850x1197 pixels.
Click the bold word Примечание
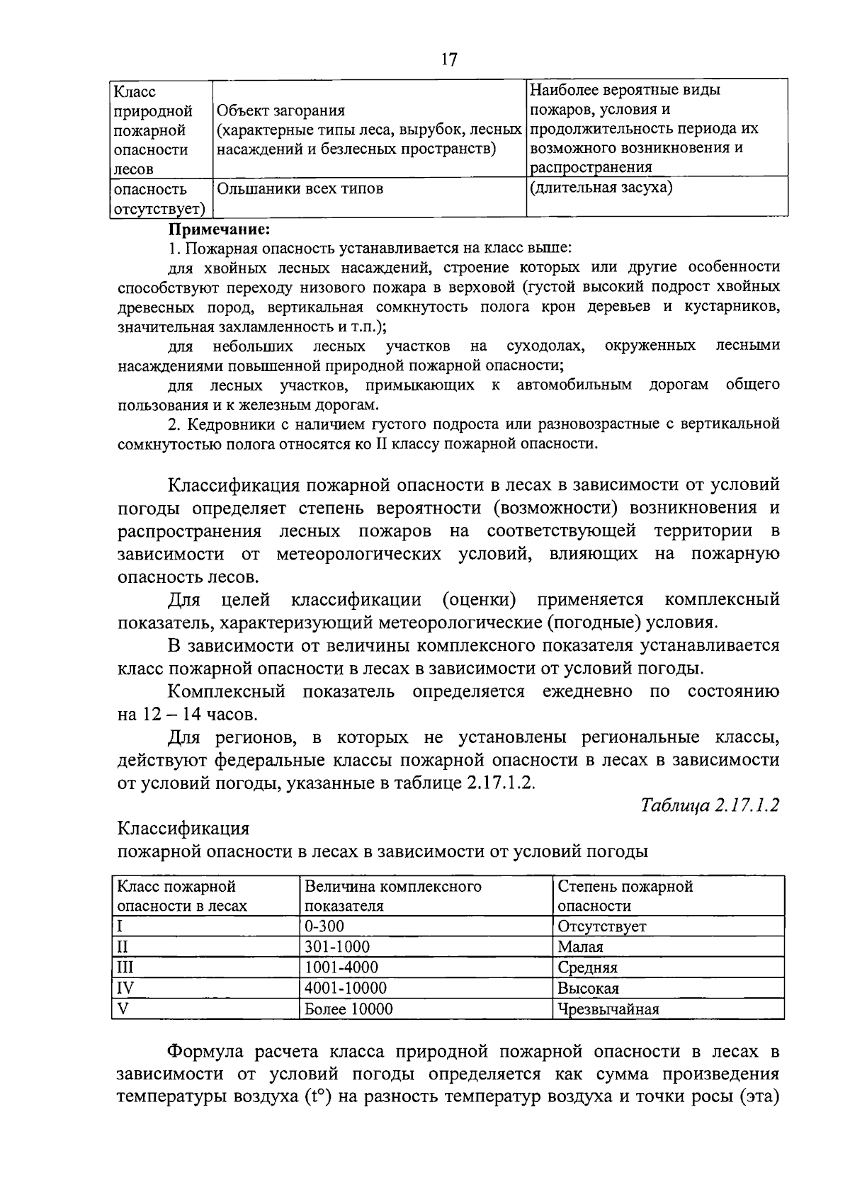[x=220, y=229]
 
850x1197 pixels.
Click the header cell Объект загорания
[x=280, y=110]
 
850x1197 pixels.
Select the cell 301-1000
[x=337, y=947]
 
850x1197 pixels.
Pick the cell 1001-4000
[x=341, y=968]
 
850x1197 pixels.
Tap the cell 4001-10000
[x=346, y=988]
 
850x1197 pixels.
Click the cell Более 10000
[x=348, y=1009]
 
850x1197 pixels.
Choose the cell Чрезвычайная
[x=608, y=1009]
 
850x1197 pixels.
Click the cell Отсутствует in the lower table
[x=602, y=926]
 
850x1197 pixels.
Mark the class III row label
[x=125, y=968]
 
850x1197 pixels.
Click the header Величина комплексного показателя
[x=393, y=896]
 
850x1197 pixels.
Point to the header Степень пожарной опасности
[x=625, y=896]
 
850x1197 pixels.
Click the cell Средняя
[x=588, y=968]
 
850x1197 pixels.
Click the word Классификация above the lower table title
[x=183, y=828]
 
